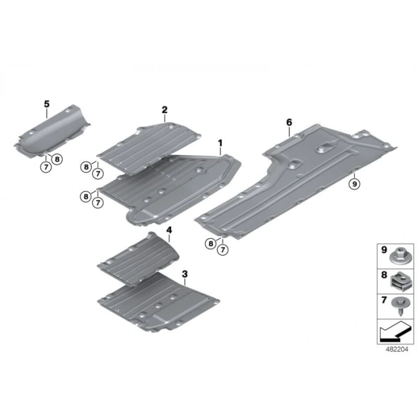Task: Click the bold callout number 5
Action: click(47, 104)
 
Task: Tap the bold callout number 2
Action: click(164, 109)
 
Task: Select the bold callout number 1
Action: click(220, 143)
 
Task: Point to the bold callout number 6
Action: click(289, 122)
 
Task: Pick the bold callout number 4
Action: click(169, 230)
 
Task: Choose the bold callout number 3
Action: click(185, 273)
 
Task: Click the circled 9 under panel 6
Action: click(354, 184)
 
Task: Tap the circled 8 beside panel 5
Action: click(57, 159)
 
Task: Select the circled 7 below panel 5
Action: click(46, 167)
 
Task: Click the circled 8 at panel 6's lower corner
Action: click(211, 244)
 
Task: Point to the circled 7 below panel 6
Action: click(223, 250)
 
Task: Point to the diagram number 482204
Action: click(397, 349)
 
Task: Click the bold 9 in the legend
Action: click(384, 250)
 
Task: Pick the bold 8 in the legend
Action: click(384, 275)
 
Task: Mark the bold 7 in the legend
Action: click(384, 300)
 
